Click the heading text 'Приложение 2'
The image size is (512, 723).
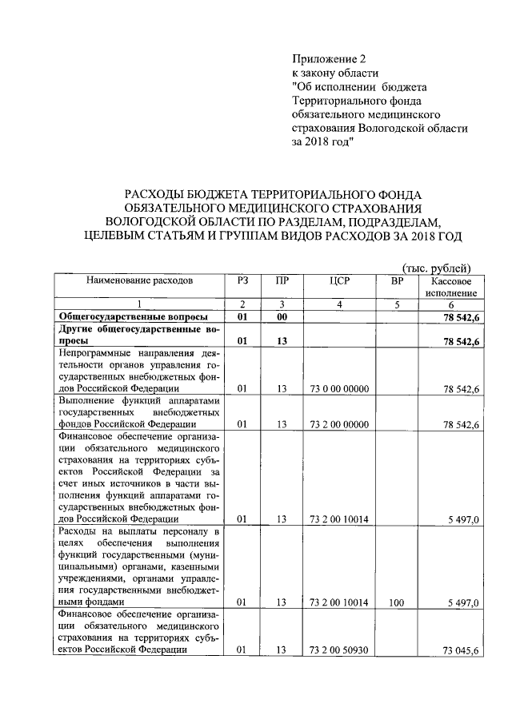(328, 58)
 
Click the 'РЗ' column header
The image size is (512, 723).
(243, 280)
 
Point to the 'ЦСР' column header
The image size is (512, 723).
(339, 280)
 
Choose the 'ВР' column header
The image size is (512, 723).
(397, 280)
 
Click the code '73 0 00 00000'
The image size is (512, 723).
(339, 388)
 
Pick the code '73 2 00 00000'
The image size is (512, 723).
(339, 425)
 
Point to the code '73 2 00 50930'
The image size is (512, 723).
(339, 651)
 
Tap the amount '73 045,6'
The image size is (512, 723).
(461, 651)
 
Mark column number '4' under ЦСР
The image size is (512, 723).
(339, 304)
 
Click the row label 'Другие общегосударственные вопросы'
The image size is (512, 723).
(131, 335)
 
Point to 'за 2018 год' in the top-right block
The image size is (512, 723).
(321, 141)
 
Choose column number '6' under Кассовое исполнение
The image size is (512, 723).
(453, 304)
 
